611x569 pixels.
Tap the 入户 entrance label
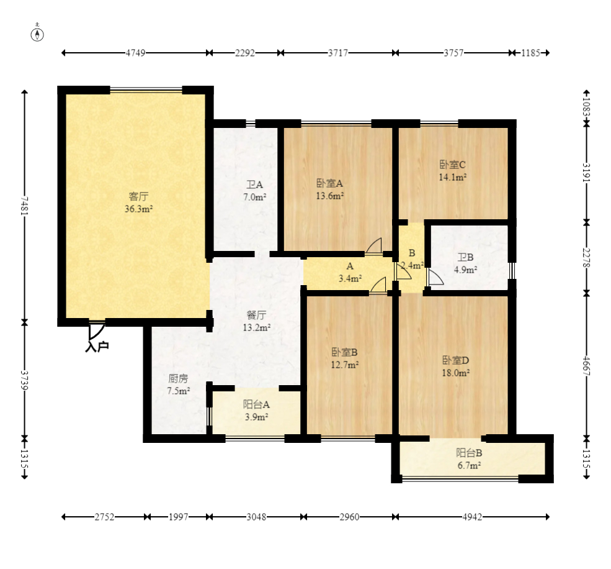[97, 347]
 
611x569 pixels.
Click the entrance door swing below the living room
[96, 332]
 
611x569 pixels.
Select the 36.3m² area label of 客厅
[139, 209]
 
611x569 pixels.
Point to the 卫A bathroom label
[255, 184]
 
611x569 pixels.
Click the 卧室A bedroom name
[329, 183]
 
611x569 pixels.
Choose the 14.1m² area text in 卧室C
[453, 177]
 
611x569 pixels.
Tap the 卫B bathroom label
[466, 257]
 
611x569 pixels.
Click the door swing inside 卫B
[435, 276]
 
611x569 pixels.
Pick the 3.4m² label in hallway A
[350, 279]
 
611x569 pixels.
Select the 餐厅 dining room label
[257, 315]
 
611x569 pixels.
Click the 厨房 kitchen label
[179, 378]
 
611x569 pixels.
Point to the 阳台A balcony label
[256, 405]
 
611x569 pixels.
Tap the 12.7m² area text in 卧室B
[345, 365]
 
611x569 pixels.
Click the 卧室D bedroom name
[455, 360]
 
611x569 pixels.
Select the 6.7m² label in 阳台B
[469, 466]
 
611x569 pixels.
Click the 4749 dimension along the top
[135, 53]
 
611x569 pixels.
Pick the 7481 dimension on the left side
[25, 206]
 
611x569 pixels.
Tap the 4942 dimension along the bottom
[472, 517]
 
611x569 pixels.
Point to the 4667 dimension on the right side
[586, 366]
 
